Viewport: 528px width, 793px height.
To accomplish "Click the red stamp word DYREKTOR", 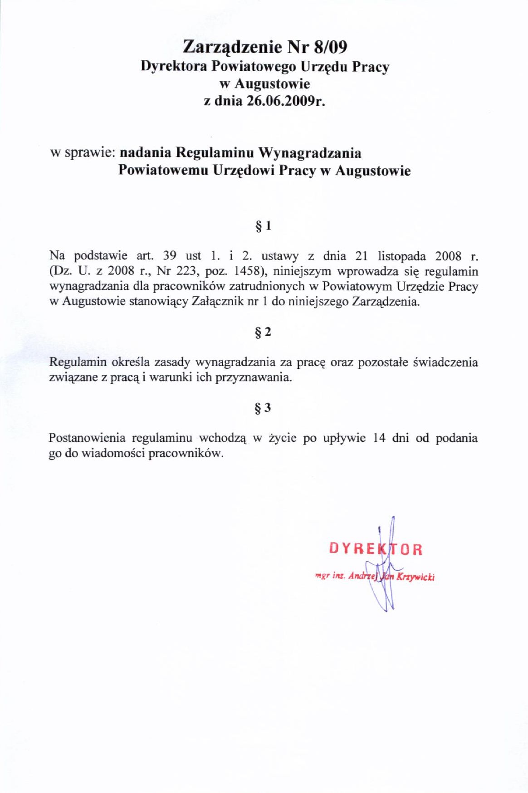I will pos(376,549).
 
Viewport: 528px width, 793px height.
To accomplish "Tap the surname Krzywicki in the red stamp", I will pos(416,577).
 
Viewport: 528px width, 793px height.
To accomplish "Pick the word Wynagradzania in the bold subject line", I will pos(310,152).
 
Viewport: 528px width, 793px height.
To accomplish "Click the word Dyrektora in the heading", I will pos(174,66).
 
